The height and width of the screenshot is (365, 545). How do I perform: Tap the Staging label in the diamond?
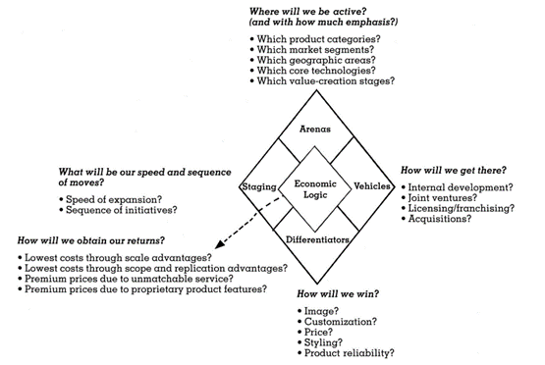tap(257, 186)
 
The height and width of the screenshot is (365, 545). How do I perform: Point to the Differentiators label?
tap(316, 236)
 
